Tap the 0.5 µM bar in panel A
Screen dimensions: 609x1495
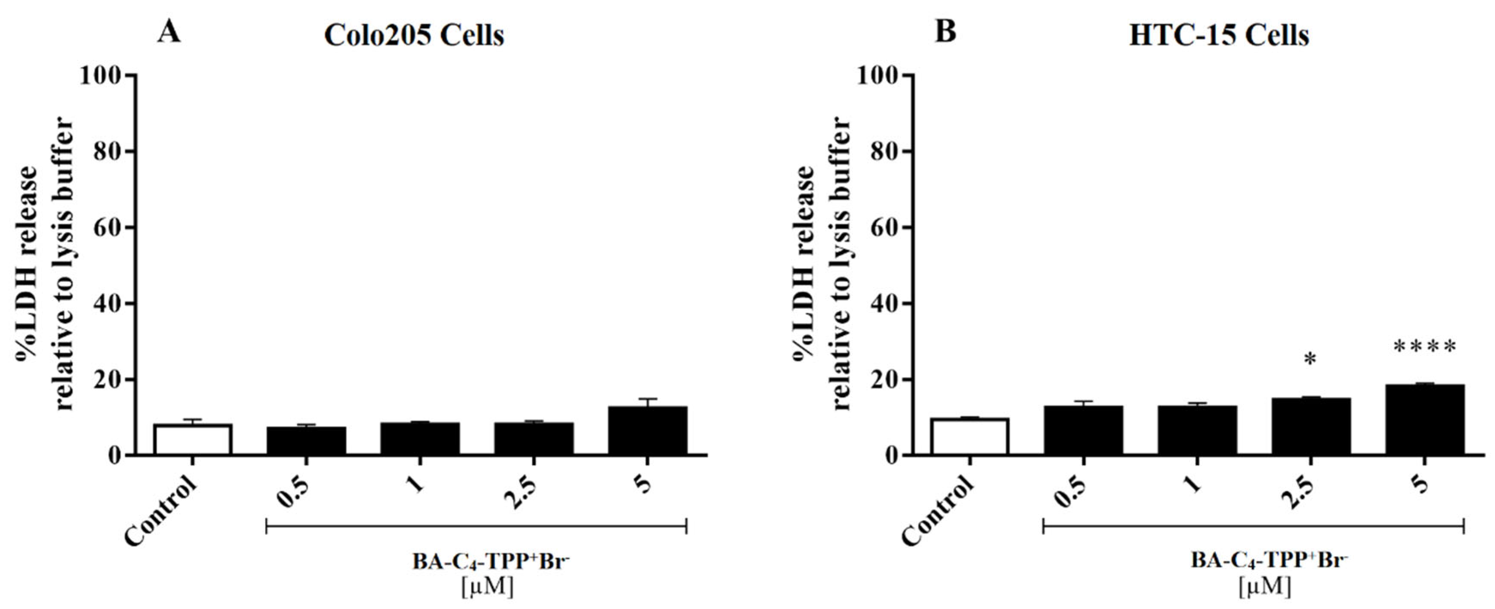[307, 441]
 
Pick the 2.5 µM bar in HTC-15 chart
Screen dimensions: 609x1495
[1311, 426]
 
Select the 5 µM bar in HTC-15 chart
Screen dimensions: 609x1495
[1425, 419]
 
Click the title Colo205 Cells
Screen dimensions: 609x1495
[414, 36]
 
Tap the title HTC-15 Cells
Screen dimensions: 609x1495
[1219, 36]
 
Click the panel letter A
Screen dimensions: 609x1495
[169, 32]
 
